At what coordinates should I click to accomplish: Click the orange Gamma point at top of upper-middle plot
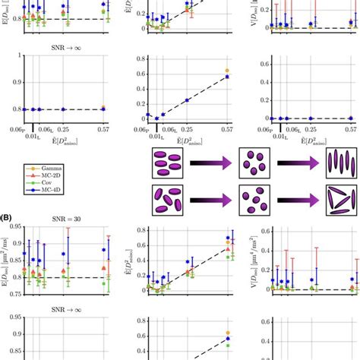(x=227, y=71)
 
